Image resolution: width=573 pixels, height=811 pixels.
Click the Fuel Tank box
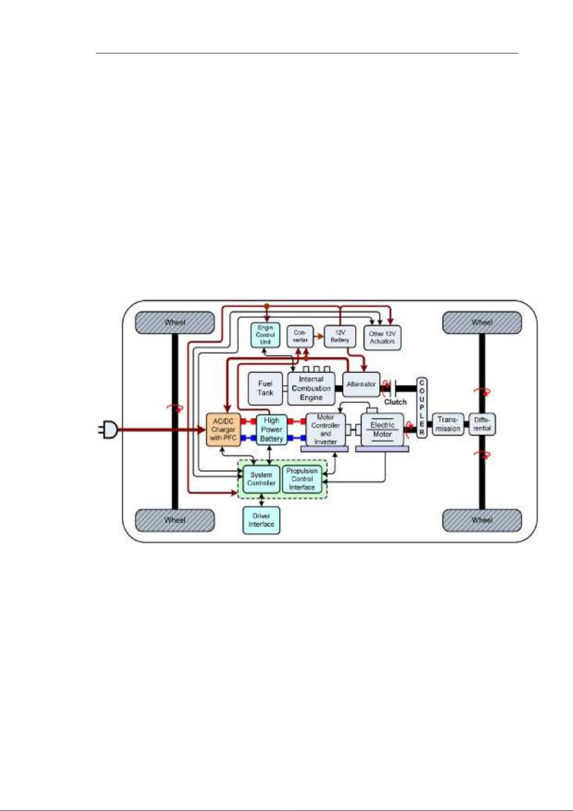(x=265, y=388)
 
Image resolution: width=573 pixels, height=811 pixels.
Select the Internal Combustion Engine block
(x=311, y=388)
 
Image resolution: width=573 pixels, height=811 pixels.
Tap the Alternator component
(x=361, y=384)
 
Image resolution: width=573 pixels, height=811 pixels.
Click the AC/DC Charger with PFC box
(x=223, y=429)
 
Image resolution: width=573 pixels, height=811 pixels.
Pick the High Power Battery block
(x=271, y=429)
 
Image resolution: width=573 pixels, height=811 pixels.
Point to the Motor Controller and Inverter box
(x=326, y=429)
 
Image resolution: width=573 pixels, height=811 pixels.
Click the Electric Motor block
(x=382, y=429)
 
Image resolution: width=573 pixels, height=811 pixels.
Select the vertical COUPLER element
(x=422, y=407)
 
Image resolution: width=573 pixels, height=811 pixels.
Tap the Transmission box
(x=448, y=424)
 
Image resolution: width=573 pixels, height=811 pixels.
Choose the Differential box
(x=482, y=424)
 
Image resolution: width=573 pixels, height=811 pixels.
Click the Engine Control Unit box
(x=265, y=335)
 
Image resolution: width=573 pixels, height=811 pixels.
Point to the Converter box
(x=300, y=336)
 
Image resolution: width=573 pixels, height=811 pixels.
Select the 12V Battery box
(x=340, y=336)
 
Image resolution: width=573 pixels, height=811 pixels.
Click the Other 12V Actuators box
(x=382, y=337)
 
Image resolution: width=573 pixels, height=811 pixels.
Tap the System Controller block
(x=261, y=479)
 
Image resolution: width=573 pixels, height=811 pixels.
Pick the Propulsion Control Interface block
(x=302, y=479)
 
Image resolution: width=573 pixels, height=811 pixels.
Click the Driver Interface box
(x=261, y=520)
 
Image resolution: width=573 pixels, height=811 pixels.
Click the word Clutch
(x=395, y=402)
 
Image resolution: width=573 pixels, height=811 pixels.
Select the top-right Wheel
(x=482, y=322)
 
